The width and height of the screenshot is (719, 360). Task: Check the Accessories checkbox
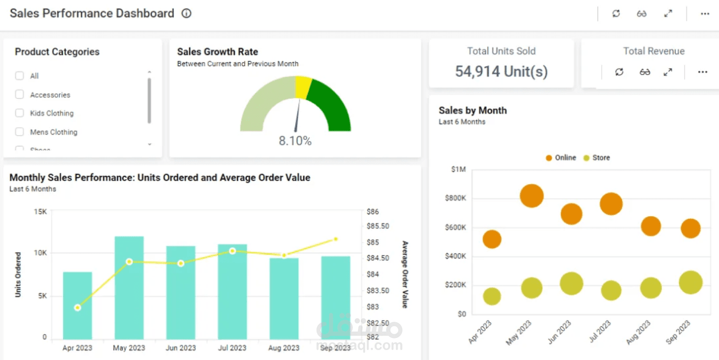pos(20,95)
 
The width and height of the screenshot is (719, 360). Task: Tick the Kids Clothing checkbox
pos(20,113)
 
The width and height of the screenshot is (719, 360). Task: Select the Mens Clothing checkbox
pos(20,132)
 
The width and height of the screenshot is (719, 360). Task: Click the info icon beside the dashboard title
pos(186,14)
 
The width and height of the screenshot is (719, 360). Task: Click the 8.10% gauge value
pos(295,141)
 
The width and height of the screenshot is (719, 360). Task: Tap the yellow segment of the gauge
pos(303,87)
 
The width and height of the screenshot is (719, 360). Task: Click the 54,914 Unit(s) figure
pos(501,71)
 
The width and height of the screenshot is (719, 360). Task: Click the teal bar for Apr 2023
pos(77,305)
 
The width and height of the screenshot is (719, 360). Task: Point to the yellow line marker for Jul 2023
pos(233,251)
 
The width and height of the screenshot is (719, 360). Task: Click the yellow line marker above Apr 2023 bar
pos(77,307)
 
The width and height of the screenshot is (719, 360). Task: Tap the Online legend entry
pos(561,157)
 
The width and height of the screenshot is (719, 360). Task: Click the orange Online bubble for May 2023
pos(531,195)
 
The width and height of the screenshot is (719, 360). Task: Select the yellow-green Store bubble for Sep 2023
pos(690,283)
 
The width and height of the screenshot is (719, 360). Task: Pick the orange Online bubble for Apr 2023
pos(492,239)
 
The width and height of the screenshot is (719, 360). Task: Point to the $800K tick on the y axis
pos(455,198)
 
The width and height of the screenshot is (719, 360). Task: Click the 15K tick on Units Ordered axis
pos(40,211)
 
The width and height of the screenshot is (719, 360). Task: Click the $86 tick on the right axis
pos(372,211)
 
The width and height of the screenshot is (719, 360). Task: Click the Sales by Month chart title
pos(472,110)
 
